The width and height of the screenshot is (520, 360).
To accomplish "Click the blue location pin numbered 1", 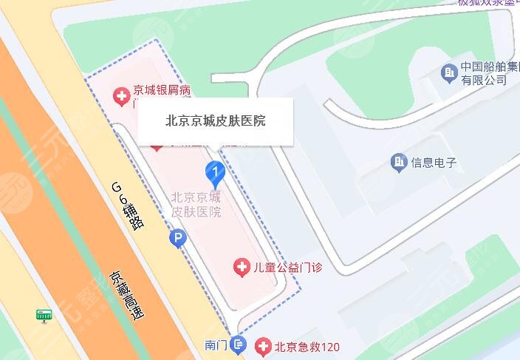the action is [x=214, y=175].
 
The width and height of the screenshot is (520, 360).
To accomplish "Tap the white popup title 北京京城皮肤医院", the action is [x=216, y=120].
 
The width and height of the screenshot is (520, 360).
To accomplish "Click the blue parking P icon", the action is [x=177, y=238].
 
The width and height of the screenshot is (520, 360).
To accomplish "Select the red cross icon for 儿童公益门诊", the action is [x=242, y=267].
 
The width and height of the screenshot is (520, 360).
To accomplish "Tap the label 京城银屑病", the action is [x=162, y=92].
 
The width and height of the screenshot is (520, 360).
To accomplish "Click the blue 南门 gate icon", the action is [x=238, y=344].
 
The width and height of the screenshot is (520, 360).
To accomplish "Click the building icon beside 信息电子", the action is [x=399, y=161].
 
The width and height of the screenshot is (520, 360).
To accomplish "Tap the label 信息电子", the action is [x=435, y=162].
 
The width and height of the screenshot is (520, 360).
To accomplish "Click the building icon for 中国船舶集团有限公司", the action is [x=448, y=72].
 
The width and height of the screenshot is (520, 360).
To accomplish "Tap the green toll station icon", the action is [x=45, y=316].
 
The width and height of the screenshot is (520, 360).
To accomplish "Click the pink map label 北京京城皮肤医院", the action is [x=196, y=204].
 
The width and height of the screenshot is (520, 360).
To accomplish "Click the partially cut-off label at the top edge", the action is [x=487, y=3].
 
